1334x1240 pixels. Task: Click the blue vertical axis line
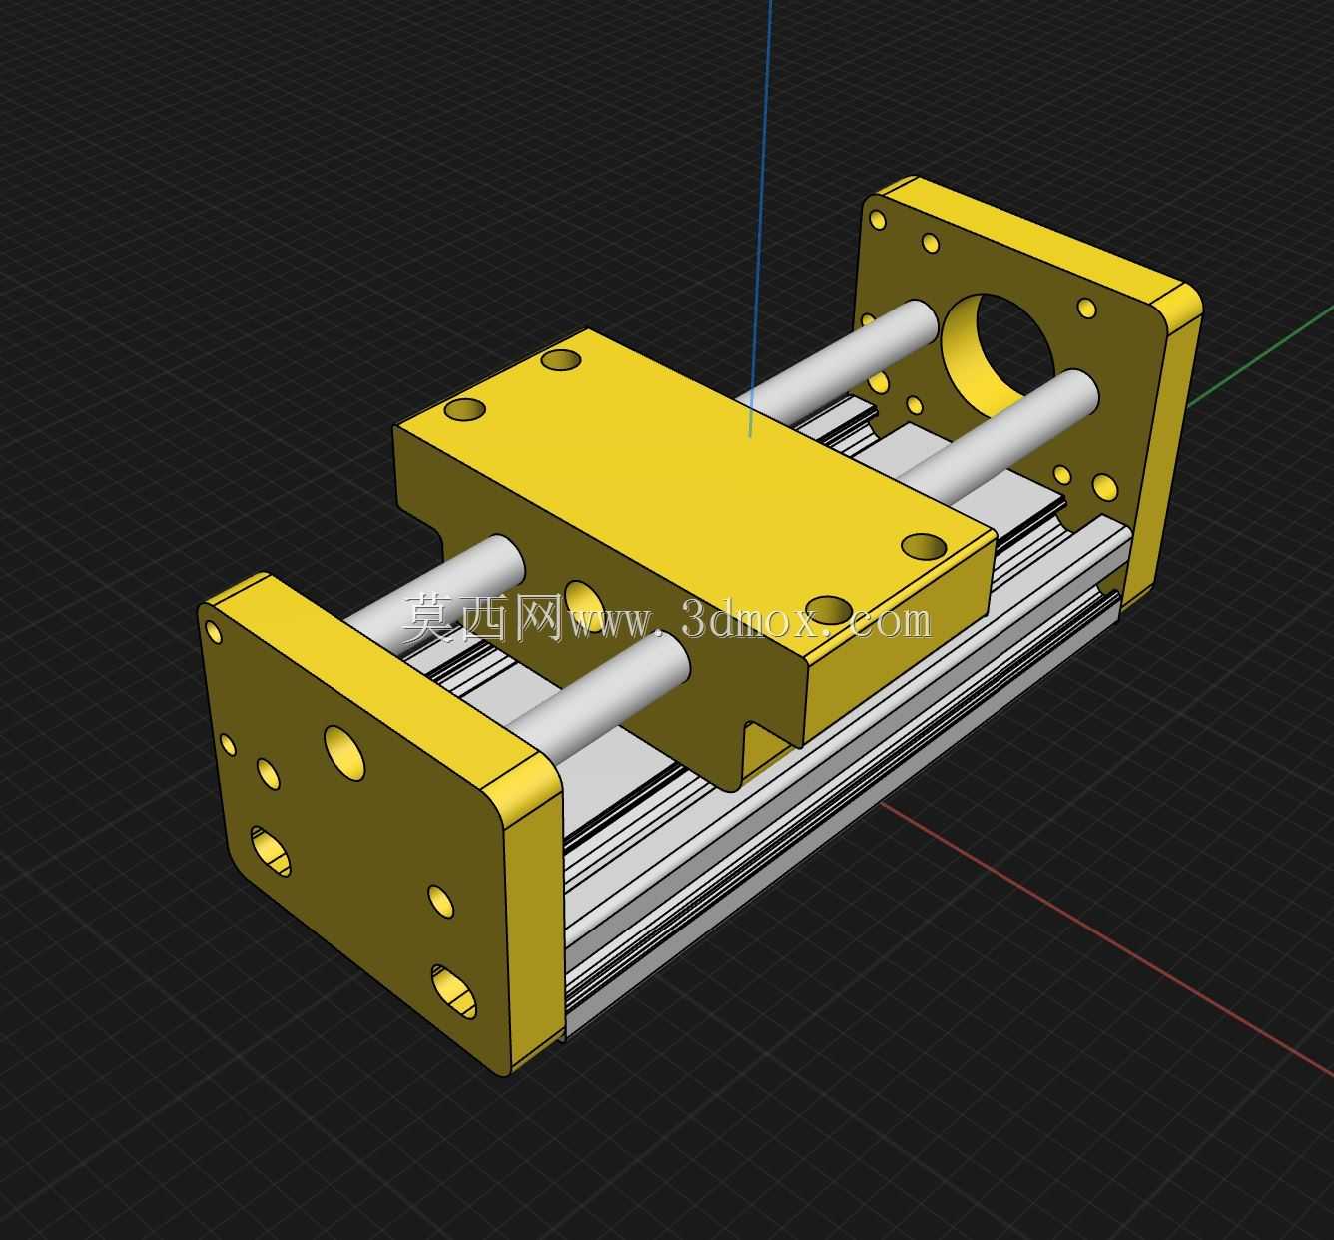click(761, 219)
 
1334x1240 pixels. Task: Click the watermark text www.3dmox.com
click(750, 619)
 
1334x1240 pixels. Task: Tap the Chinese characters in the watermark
click(482, 617)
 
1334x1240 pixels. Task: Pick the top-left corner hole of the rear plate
click(878, 220)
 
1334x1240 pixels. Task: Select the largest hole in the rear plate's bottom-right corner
click(1105, 486)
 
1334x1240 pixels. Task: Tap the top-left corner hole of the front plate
click(213, 630)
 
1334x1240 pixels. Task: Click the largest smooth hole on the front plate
click(344, 753)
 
